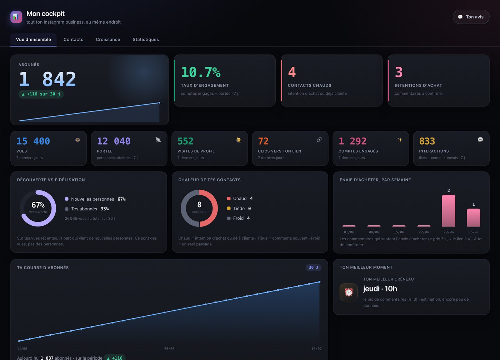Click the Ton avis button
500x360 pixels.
click(471, 17)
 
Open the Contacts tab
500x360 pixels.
click(73, 40)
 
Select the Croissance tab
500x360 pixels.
click(108, 40)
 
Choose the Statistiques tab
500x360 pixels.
click(146, 40)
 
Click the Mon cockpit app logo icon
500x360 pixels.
click(16, 17)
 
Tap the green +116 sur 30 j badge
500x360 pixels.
click(41, 94)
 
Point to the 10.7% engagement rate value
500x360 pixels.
click(201, 72)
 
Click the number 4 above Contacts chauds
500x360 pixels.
click(292, 72)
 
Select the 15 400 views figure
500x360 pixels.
click(33, 141)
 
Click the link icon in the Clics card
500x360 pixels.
click(319, 140)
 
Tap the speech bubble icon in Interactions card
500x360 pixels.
click(480, 140)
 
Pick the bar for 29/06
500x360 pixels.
click(449, 211)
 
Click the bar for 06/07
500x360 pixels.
click(474, 217)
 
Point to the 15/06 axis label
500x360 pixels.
click(399, 232)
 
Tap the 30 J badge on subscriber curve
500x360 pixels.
click(314, 267)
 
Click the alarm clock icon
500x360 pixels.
click(349, 292)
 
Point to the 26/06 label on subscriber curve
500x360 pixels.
click(169, 349)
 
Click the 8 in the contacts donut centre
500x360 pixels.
click(199, 204)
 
